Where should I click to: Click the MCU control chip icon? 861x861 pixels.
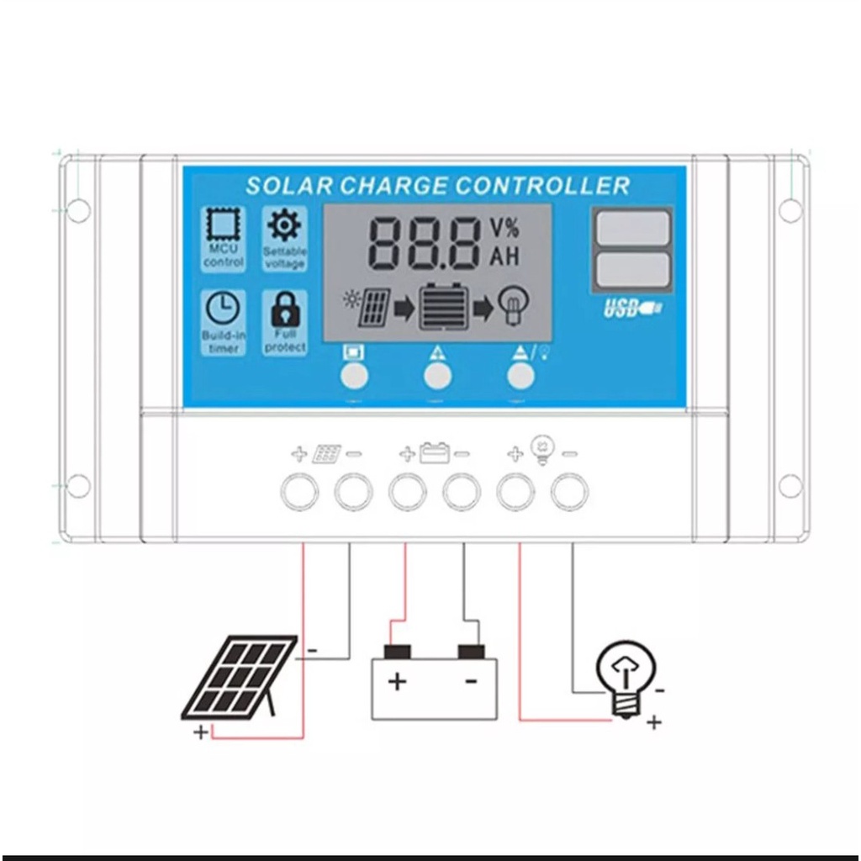click(223, 226)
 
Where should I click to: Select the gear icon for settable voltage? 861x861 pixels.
click(284, 224)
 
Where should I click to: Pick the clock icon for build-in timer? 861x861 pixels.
click(223, 309)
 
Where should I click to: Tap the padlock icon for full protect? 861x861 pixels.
click(284, 310)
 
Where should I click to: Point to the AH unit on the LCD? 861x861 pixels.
click(504, 256)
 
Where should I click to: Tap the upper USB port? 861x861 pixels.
click(632, 228)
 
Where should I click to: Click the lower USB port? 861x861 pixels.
click(632, 269)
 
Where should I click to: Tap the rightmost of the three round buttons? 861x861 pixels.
click(521, 376)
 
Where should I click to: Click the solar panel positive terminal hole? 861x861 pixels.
click(299, 492)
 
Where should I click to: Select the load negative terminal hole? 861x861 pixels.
click(570, 492)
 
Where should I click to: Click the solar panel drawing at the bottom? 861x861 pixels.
click(240, 677)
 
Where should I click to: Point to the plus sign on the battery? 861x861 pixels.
click(397, 681)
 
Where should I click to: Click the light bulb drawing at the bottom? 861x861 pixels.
click(624, 677)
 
